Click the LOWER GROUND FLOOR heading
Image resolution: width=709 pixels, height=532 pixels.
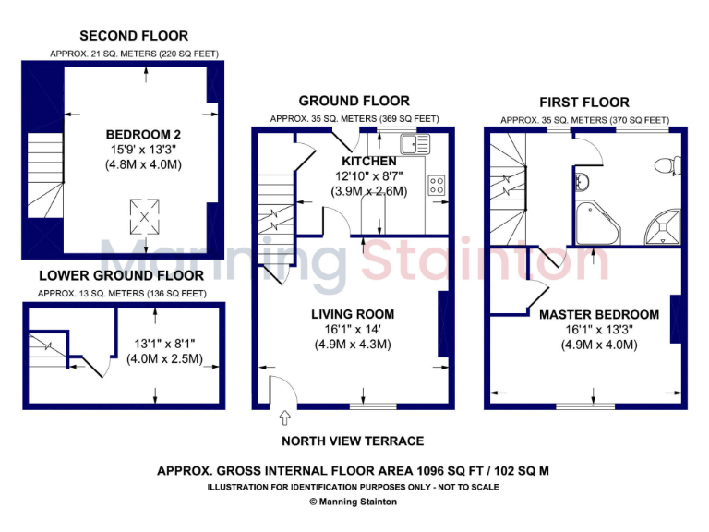[x=121, y=275]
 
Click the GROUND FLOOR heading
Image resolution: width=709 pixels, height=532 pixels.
[x=354, y=101]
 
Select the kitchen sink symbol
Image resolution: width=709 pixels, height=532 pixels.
[x=409, y=144]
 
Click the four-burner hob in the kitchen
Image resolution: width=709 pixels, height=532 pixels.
[x=437, y=185]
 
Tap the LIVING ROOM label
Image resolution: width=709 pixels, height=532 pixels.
[x=353, y=314]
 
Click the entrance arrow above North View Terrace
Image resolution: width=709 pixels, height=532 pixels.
[x=284, y=420]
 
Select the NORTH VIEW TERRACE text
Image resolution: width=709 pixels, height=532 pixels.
[x=353, y=441]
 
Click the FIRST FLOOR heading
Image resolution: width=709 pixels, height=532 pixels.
[x=584, y=103]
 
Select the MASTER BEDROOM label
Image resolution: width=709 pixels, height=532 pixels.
[x=599, y=314]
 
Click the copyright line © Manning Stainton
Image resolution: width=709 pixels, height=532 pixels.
[x=354, y=502]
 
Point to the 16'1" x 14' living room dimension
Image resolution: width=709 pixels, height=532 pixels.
[x=353, y=329]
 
